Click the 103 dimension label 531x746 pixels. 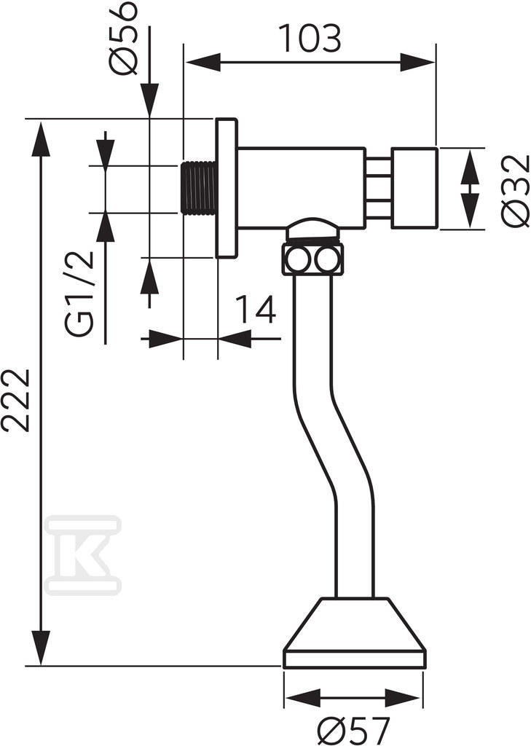pos(310,38)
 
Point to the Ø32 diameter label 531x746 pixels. pos(516,189)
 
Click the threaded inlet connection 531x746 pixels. pos(199,189)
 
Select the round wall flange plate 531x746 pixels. pos(227,189)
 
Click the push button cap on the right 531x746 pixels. pos(414,189)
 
